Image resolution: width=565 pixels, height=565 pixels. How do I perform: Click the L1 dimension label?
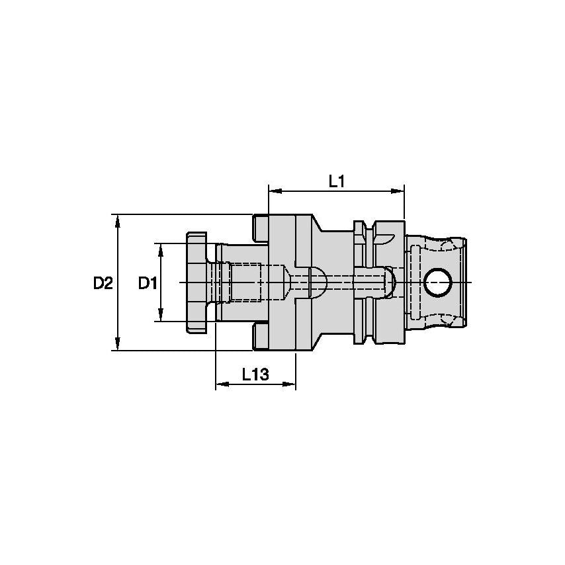click(337, 181)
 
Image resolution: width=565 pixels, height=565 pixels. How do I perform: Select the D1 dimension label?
click(147, 283)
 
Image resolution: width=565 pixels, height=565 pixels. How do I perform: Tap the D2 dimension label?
click(103, 283)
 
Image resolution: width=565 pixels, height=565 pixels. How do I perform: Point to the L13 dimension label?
click(255, 374)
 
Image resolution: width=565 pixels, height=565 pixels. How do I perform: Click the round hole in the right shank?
click(438, 282)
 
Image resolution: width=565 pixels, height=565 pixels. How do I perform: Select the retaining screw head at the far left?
click(196, 282)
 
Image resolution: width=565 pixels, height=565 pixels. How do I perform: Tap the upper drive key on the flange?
click(260, 227)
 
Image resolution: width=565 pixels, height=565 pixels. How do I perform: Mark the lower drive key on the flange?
click(260, 337)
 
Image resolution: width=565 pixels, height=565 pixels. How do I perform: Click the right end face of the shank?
click(468, 282)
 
